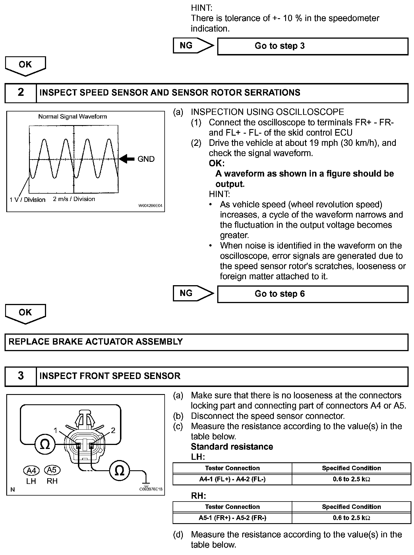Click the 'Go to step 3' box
point(312,46)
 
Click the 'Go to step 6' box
point(312,294)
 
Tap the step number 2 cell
point(21,92)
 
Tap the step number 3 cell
point(21,376)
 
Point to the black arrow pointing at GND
point(127,159)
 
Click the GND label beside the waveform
point(146,159)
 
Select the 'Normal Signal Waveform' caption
point(73,117)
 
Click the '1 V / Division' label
point(28,200)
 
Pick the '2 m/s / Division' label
point(74,199)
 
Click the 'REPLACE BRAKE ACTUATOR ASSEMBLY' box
point(206,342)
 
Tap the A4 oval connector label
point(31,471)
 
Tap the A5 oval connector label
point(52,470)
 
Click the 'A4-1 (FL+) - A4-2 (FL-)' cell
point(232,479)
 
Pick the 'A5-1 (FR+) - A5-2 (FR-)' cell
point(232,518)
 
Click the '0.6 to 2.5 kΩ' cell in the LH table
point(351,479)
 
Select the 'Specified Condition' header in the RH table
point(351,507)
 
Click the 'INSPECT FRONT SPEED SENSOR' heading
point(110,376)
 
